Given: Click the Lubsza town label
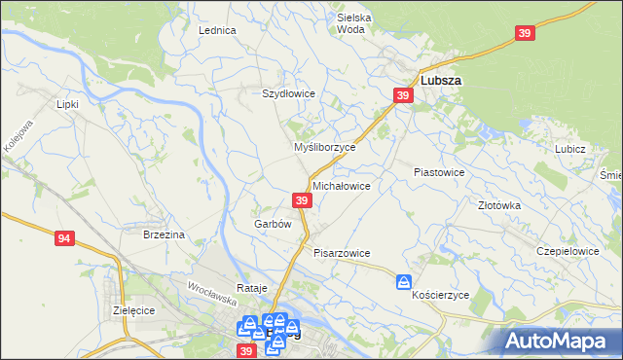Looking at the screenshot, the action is tap(440, 81).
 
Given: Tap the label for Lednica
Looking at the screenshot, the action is tap(217, 30).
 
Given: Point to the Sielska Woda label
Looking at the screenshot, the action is tap(354, 23).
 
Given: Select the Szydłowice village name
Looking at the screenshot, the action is tap(288, 93).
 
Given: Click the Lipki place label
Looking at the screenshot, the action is tap(67, 103).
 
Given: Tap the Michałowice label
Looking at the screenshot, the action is tap(341, 185).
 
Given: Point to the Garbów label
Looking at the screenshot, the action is tap(273, 224).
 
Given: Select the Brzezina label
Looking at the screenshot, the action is tap(164, 234).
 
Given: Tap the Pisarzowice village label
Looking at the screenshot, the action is tap(342, 253).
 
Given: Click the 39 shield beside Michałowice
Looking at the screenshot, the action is tap(302, 200).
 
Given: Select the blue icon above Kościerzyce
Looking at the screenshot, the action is tap(404, 282).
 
